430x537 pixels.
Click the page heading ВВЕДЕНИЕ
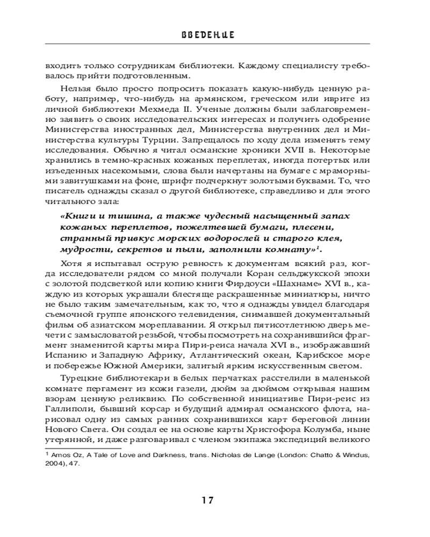tap(214, 34)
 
